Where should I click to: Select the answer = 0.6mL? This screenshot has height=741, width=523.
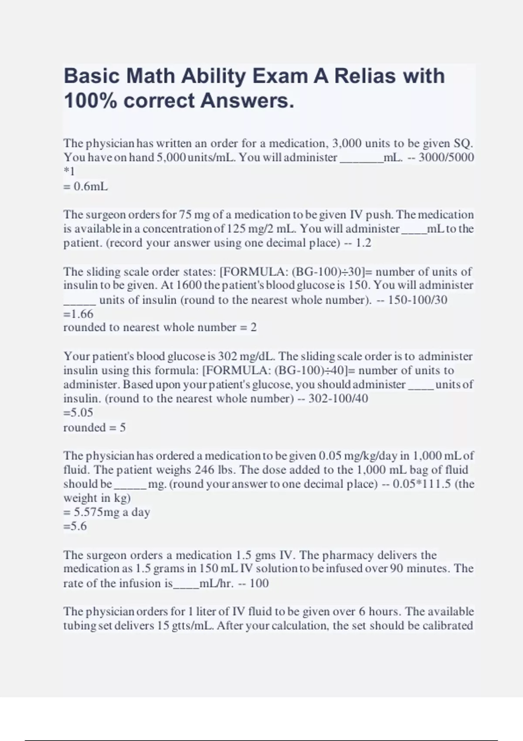click(x=85, y=187)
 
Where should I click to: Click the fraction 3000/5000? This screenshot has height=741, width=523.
click(x=446, y=157)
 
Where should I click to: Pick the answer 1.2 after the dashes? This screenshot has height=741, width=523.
click(x=363, y=243)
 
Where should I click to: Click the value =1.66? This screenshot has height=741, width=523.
click(x=78, y=314)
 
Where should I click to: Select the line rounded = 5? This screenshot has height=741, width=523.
click(x=95, y=428)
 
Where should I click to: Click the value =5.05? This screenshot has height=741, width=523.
click(x=78, y=412)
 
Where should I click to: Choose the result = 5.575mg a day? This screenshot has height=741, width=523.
click(x=107, y=512)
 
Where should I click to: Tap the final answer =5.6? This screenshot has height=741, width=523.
click(x=75, y=527)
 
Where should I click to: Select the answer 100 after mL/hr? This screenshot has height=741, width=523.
click(x=259, y=583)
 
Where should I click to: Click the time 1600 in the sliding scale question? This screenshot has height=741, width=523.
click(x=189, y=286)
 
